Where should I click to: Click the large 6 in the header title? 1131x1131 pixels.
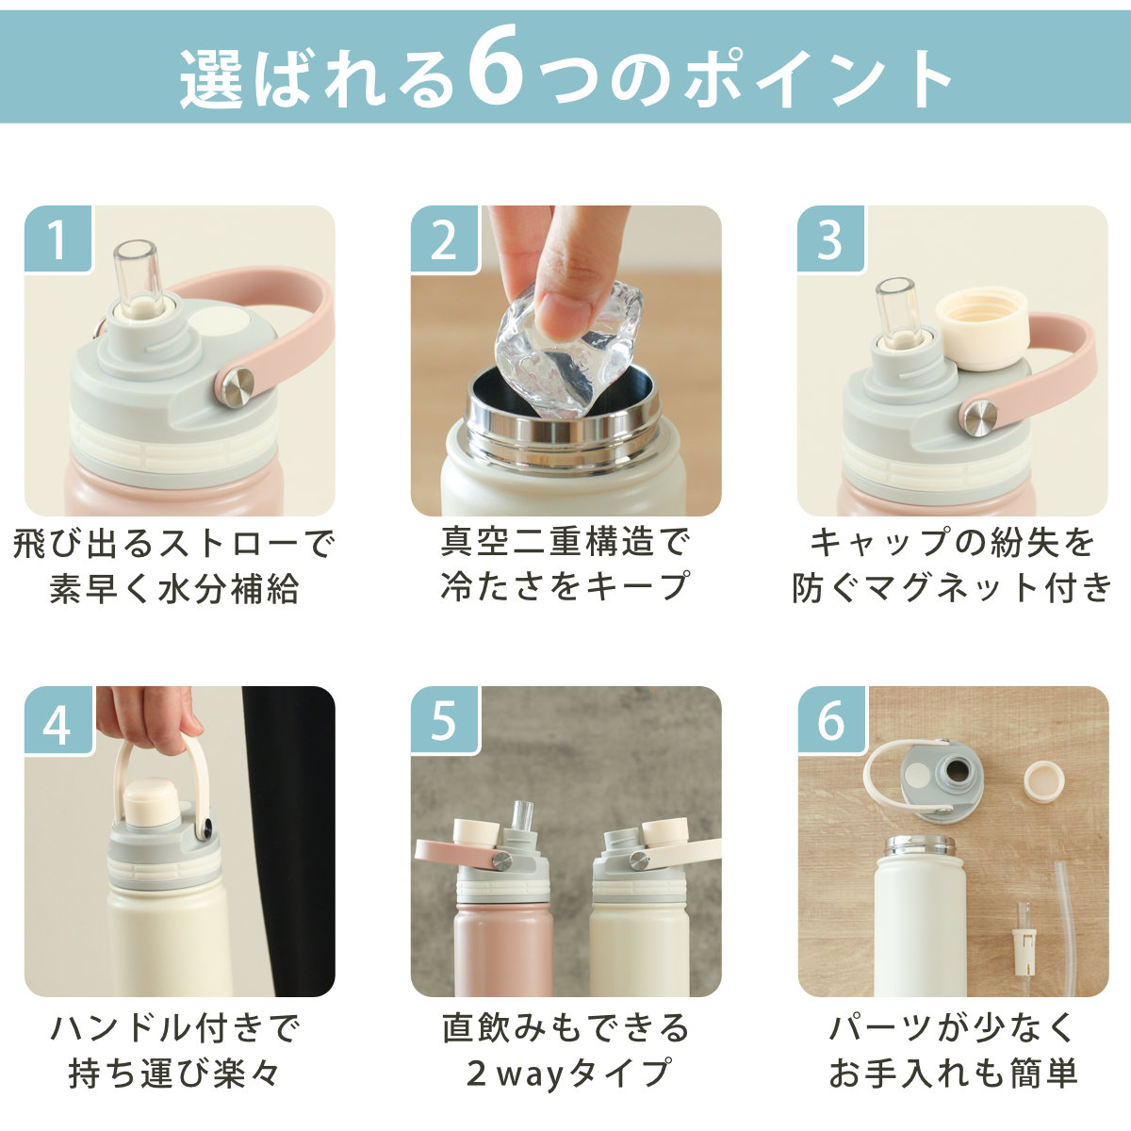click(x=496, y=66)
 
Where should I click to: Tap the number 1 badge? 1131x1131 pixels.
click(x=57, y=239)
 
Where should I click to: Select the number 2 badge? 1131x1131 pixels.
click(x=444, y=239)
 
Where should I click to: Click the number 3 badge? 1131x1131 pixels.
click(x=830, y=239)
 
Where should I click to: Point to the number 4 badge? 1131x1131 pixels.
click(x=57, y=721)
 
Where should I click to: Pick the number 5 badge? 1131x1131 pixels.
click(x=444, y=721)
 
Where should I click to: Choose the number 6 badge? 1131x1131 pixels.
click(x=830, y=721)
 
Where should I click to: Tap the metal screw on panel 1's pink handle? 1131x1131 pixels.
click(x=238, y=387)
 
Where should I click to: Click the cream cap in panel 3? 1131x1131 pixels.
click(x=981, y=329)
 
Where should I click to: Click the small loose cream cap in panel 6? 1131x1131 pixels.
click(x=1044, y=781)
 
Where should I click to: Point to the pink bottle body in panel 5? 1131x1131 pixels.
click(x=502, y=950)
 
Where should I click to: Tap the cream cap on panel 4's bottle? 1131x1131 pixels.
click(x=150, y=798)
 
